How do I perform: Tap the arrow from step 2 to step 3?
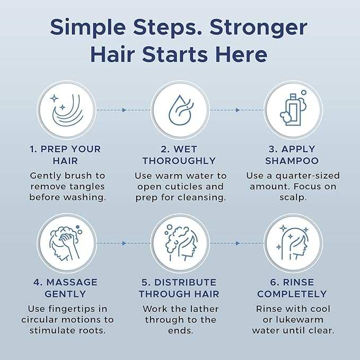pyautogui.click(x=237, y=110)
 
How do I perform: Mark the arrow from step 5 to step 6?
pyautogui.click(x=237, y=243)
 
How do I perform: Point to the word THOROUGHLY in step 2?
pyautogui.click(x=179, y=160)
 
